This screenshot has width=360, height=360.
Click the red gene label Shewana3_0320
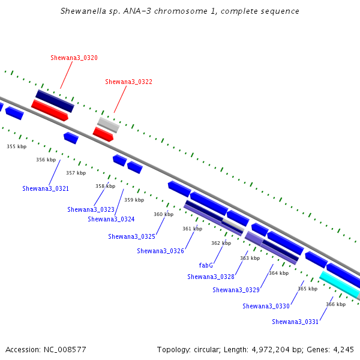click(74, 58)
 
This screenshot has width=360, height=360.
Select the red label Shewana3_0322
click(128, 82)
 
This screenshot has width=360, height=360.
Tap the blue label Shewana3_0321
click(46, 188)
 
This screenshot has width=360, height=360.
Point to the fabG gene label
click(206, 265)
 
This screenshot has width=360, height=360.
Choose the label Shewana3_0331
click(295, 322)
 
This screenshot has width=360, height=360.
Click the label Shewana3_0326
click(160, 251)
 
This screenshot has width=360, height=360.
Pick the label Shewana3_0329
click(236, 290)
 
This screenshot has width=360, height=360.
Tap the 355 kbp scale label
click(17, 146)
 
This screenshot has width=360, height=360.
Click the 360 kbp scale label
click(163, 214)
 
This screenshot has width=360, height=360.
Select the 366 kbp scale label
click(335, 304)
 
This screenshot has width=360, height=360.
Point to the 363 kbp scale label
click(250, 258)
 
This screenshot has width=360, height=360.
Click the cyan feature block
click(340, 284)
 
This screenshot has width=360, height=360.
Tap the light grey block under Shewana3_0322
click(109, 125)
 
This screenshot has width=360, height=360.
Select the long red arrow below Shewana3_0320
click(50, 110)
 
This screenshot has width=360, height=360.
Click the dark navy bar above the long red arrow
click(55, 101)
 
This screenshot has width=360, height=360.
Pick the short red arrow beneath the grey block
click(103, 134)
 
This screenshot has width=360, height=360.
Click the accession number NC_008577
click(65, 350)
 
